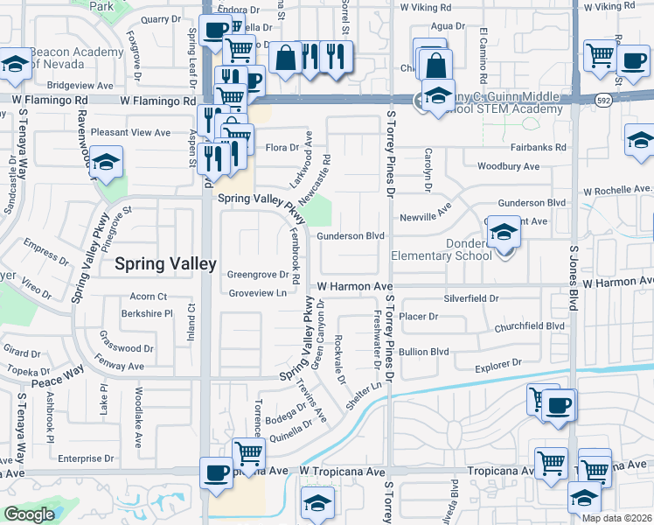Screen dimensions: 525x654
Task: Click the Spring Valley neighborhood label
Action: (x=165, y=262)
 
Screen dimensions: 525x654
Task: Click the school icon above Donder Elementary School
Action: (x=504, y=233)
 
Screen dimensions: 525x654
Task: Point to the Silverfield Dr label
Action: (x=470, y=298)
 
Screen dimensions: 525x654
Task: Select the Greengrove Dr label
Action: (x=258, y=274)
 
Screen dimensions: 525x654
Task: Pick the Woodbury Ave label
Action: (x=508, y=166)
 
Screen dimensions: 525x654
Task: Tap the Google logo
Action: (x=29, y=514)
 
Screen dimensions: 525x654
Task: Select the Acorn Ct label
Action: (x=147, y=297)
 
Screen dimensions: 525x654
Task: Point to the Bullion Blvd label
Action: (x=423, y=352)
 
